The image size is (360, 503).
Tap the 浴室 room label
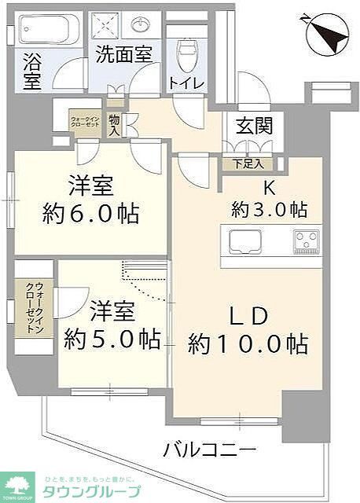[x=33, y=71]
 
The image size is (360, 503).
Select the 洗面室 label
[x=123, y=55]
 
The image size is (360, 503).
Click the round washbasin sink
[x=142, y=25]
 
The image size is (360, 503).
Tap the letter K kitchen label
[x=267, y=187]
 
